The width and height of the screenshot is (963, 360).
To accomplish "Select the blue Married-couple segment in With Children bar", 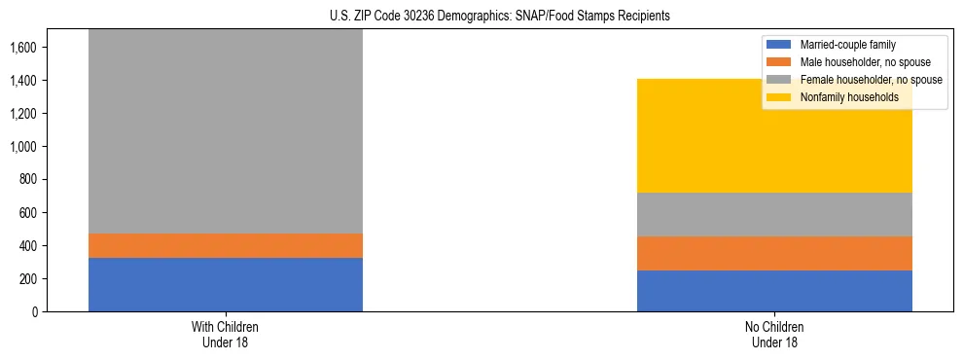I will click(x=226, y=284).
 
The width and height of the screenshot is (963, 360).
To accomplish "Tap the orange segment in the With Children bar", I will click(x=226, y=245).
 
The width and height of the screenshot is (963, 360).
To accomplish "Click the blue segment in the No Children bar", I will click(x=774, y=291).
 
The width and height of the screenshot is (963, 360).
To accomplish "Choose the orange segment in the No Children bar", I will click(x=774, y=253).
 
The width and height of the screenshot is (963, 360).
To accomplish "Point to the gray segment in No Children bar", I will click(x=774, y=214).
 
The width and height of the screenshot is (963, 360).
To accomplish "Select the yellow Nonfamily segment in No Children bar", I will click(x=774, y=135).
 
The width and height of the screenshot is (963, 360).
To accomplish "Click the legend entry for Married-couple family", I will click(x=847, y=45).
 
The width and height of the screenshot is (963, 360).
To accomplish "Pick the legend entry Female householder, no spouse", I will click(x=870, y=80).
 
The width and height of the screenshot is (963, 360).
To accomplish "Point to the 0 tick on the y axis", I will click(x=33, y=312).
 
